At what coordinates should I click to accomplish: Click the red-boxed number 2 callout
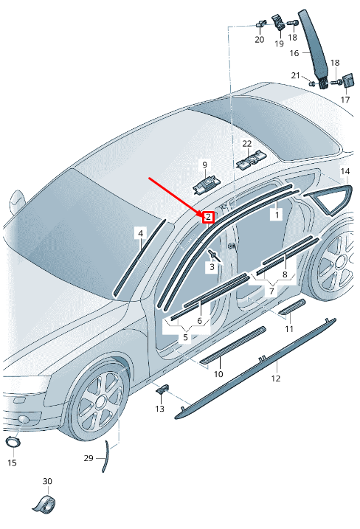(209, 217)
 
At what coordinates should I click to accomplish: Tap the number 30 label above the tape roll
(47, 481)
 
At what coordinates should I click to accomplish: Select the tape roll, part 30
(45, 504)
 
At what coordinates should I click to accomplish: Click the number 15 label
(12, 462)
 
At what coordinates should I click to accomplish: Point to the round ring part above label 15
(13, 442)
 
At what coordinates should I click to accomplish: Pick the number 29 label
(89, 458)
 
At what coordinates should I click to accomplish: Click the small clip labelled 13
(162, 389)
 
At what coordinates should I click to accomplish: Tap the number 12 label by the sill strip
(276, 378)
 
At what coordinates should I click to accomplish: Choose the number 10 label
(218, 374)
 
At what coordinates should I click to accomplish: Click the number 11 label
(288, 328)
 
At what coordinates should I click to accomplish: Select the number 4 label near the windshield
(141, 233)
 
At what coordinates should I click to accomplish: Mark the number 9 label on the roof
(205, 165)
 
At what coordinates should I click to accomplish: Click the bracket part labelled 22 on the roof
(252, 160)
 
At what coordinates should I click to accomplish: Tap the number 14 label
(345, 171)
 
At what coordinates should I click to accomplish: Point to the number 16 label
(294, 53)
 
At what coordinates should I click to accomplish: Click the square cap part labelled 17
(347, 81)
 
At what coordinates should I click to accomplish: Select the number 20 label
(260, 40)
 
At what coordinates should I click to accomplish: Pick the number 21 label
(296, 75)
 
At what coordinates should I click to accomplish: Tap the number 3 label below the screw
(212, 267)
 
